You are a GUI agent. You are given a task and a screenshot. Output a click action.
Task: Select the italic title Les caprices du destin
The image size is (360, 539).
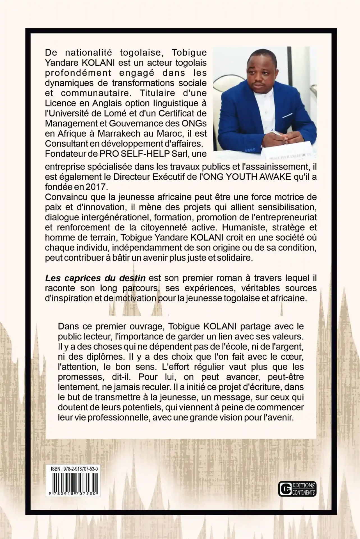pos(95,278)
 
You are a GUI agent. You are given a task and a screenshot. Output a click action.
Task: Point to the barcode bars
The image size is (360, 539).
pos(73,482)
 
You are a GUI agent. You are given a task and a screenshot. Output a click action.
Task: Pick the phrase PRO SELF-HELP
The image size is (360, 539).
pos(139,154)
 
